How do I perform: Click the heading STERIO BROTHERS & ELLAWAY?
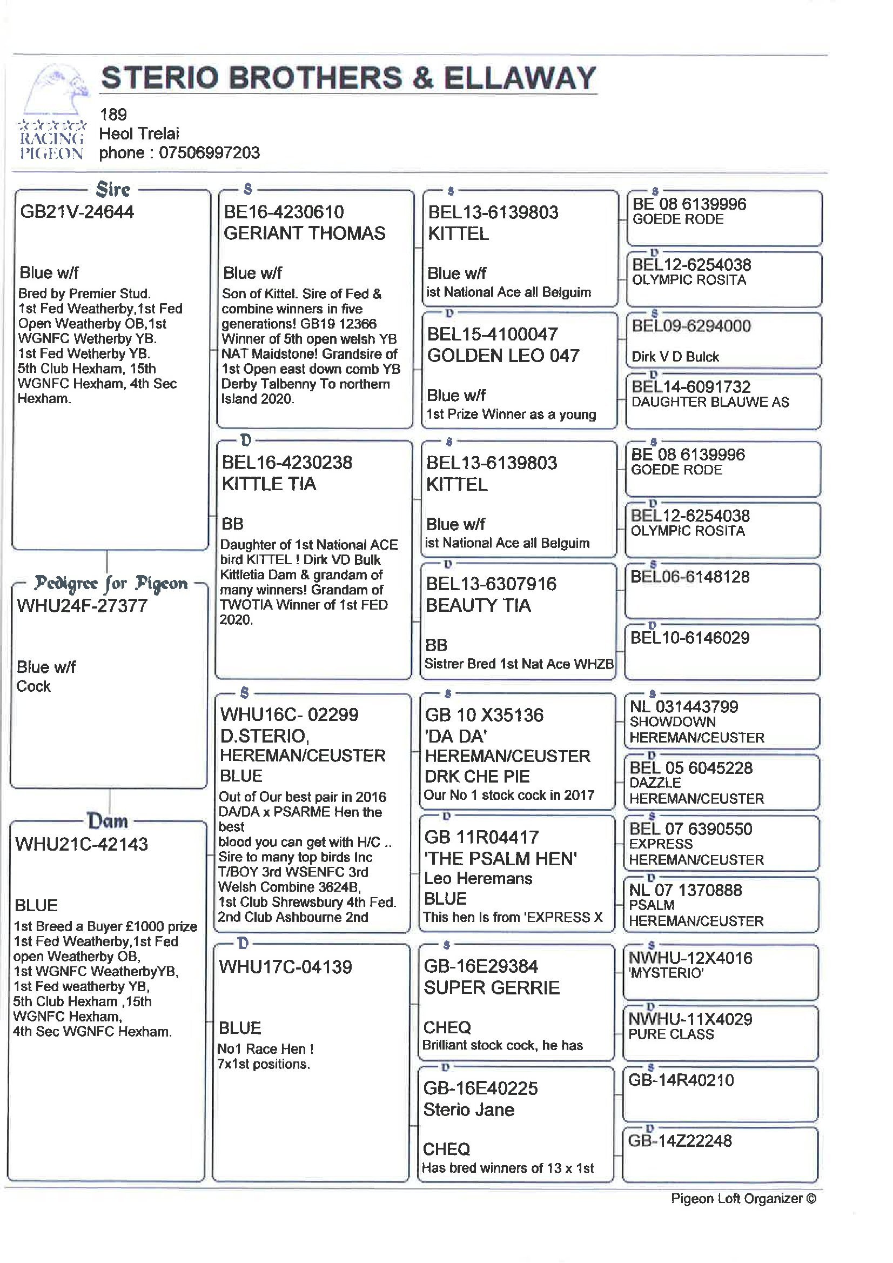(348, 78)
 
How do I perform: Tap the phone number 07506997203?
(209, 152)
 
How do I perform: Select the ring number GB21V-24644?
(77, 212)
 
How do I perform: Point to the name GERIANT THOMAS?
(304, 233)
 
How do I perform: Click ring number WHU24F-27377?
(82, 606)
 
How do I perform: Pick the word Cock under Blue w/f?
(33, 686)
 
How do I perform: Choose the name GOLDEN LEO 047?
(503, 356)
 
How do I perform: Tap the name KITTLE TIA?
(269, 484)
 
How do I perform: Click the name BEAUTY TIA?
(478, 606)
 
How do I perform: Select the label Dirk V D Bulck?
(675, 357)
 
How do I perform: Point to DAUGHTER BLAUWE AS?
(710, 402)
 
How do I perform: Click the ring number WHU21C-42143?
(82, 844)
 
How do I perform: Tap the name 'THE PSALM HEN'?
(500, 858)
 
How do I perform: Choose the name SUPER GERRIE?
(492, 988)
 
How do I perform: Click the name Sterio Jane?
(468, 1110)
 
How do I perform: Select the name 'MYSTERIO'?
(667, 973)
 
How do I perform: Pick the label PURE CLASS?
(671, 1034)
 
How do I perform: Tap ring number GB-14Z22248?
(680, 1141)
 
